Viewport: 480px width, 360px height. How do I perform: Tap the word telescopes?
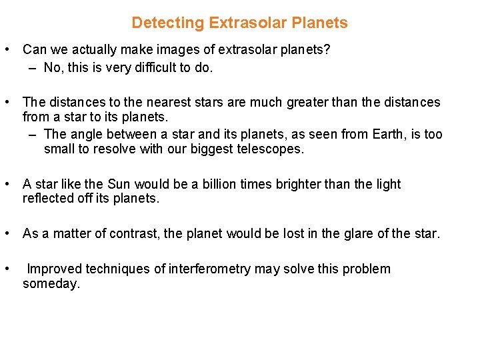pos(270,149)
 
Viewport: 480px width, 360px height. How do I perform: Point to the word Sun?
pos(111,185)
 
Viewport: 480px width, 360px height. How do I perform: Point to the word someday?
pos(51,284)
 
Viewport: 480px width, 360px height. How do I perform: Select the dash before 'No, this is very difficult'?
pos(33,67)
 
